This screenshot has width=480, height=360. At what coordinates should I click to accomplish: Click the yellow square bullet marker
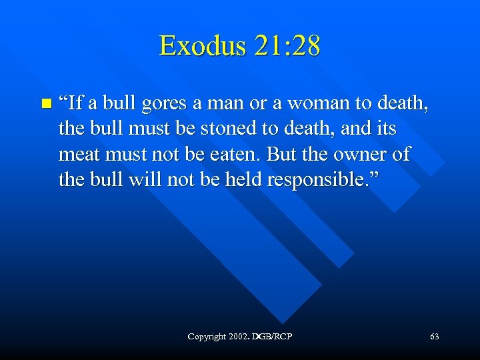click(45, 104)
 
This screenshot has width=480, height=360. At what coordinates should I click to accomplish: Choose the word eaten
click(231, 155)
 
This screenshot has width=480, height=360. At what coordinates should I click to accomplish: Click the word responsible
click(319, 180)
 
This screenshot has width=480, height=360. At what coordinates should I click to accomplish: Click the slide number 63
click(435, 337)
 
